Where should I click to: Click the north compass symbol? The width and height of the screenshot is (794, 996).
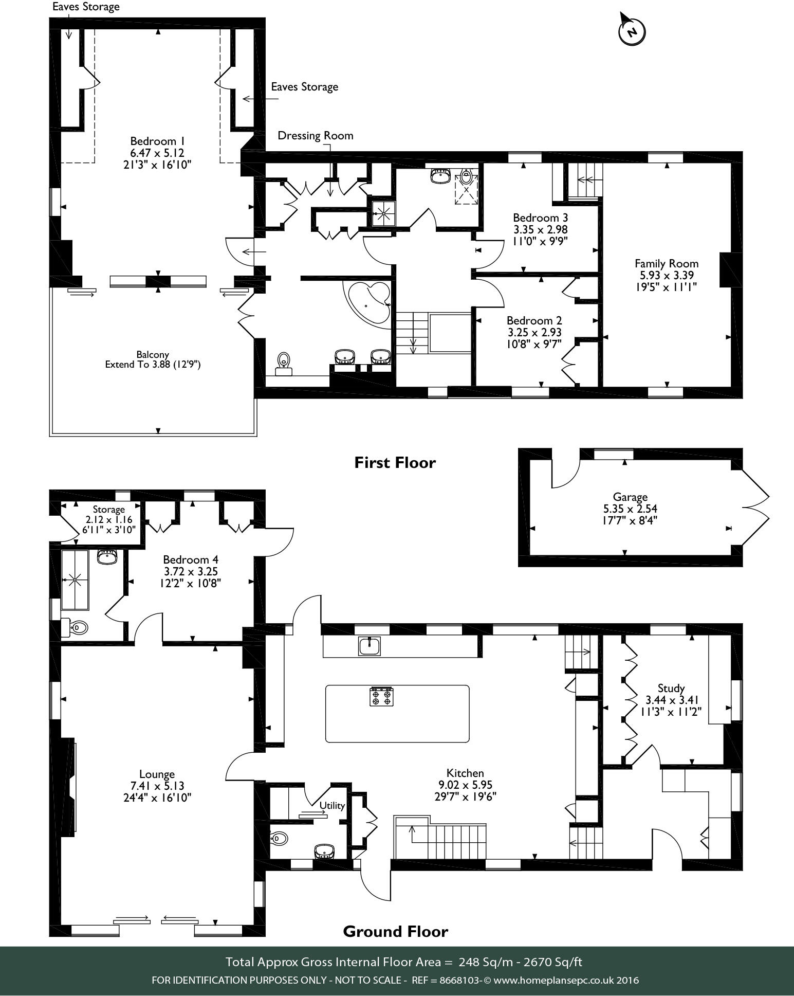click(x=632, y=29)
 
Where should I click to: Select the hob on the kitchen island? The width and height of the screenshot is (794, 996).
click(x=381, y=696)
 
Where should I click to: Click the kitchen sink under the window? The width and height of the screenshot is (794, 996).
click(x=370, y=646)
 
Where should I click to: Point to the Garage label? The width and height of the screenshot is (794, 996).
click(x=630, y=497)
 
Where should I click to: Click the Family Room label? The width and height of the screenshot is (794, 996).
click(x=667, y=263)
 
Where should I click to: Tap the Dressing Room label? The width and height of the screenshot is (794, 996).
click(x=316, y=136)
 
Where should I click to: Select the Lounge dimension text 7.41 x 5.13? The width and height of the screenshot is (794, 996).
click(x=157, y=786)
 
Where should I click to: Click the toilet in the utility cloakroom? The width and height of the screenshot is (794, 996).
click(x=278, y=839)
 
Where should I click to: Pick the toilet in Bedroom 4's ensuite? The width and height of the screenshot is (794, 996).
click(x=76, y=627)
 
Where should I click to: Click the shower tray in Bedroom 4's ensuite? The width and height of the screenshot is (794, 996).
click(x=75, y=580)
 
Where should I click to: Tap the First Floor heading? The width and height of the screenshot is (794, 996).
click(x=395, y=463)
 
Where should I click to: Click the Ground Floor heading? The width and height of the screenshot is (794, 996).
click(x=396, y=931)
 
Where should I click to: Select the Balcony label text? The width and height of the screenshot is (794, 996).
click(x=153, y=354)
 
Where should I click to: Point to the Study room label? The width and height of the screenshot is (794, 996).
click(x=671, y=688)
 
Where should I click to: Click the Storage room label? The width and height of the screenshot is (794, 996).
click(x=109, y=510)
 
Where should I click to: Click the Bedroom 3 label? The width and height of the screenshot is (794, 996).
click(x=540, y=218)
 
